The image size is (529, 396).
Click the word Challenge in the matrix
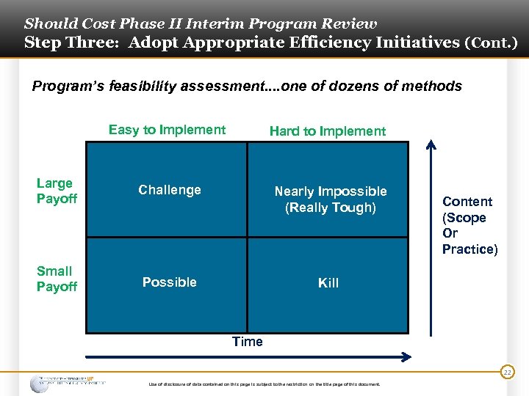tap(169, 190)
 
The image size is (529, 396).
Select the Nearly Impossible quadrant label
tap(330, 191)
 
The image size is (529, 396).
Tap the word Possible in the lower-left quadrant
tap(169, 282)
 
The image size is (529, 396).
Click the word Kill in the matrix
tap(328, 283)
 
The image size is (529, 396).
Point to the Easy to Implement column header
tap(167, 130)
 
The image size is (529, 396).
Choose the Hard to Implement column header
tap(327, 131)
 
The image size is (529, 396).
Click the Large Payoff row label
tap(56, 191)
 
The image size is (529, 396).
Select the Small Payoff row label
tap(56, 279)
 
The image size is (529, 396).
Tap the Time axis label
tap(247, 341)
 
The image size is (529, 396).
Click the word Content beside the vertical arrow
tap(467, 202)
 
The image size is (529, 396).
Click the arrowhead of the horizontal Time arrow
tap(405, 357)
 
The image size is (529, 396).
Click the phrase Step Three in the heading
tap(71, 43)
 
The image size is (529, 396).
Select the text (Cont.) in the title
tap(491, 43)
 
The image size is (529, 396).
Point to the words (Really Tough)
tap(330, 208)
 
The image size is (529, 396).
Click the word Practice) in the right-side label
tap(469, 249)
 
